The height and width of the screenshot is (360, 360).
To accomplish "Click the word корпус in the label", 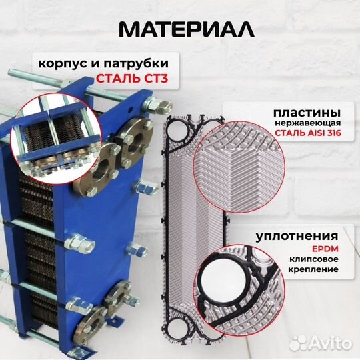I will click(59, 63).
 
